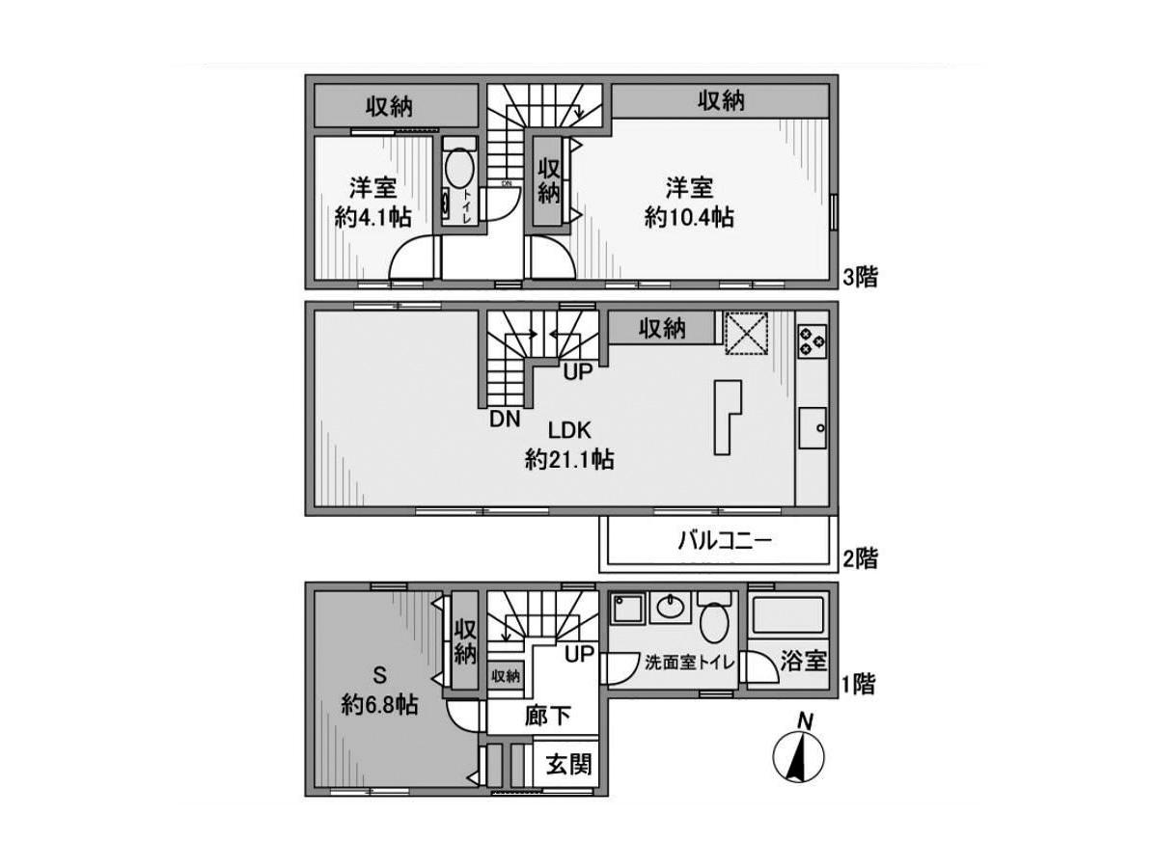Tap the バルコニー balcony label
coord(724,541)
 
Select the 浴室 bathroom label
coord(803,662)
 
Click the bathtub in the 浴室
coord(788,614)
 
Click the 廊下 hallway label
coord(548,716)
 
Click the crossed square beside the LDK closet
coord(746,333)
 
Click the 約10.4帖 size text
coord(688,218)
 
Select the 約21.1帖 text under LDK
coord(569,460)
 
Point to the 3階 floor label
coord(860,279)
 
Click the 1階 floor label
coord(859,686)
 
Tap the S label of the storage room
coord(379,674)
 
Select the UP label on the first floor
coord(580,655)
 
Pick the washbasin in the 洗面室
coord(670,608)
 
